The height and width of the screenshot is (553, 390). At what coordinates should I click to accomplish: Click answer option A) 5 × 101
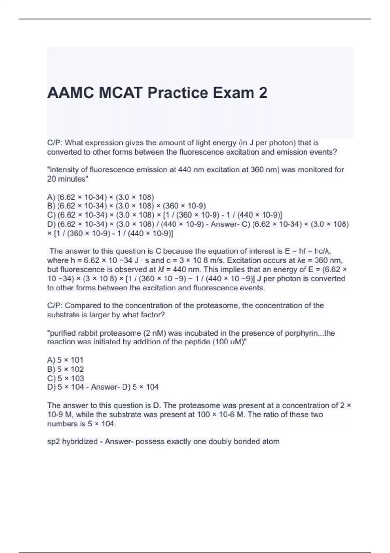(x=65, y=360)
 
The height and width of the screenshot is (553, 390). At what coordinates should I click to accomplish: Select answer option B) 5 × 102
(x=65, y=369)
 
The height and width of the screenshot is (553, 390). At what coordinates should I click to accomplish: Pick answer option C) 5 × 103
(x=65, y=378)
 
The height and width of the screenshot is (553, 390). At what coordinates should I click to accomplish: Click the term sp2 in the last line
(x=54, y=442)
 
